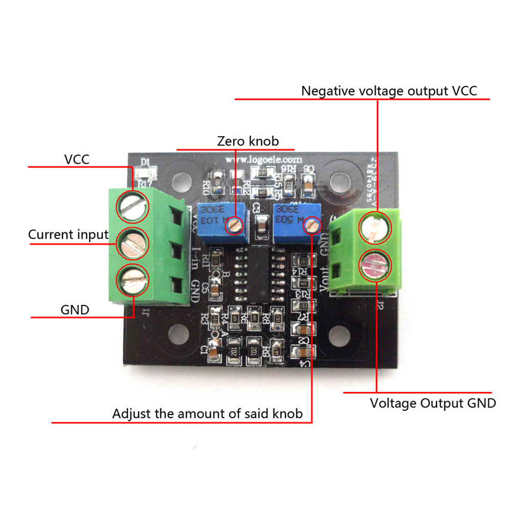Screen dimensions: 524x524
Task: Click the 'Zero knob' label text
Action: pos(248,141)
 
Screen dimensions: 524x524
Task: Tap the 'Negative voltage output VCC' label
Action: pos(389,91)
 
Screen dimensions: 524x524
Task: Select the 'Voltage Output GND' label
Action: pos(433,403)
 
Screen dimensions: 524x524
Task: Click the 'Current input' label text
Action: pos(68,235)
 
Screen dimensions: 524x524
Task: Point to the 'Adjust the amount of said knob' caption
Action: pos(207,413)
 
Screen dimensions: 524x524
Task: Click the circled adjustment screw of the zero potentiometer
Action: pos(235,224)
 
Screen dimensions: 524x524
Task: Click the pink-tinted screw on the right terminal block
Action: pos(375,265)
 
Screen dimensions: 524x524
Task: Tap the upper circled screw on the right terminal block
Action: pos(375,228)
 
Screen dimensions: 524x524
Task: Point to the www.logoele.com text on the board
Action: pos(260,160)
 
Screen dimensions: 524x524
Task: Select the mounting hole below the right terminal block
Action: pos(338,336)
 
